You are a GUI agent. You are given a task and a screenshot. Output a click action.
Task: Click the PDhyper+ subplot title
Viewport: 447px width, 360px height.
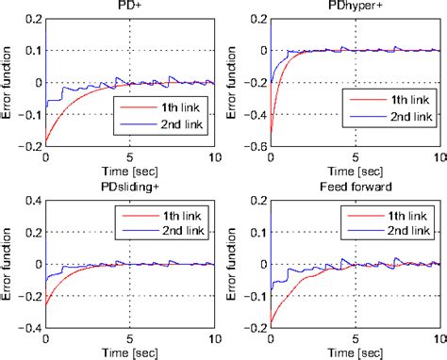[x=355, y=7]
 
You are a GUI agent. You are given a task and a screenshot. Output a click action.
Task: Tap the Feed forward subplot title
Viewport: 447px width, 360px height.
[x=355, y=188]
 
